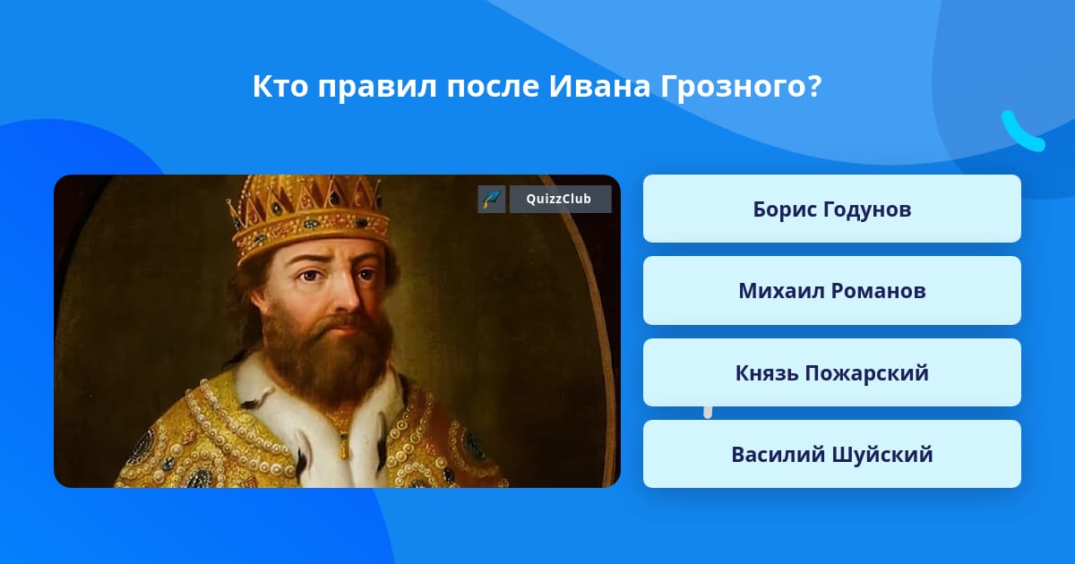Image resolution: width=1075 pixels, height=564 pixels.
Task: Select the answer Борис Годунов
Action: click(831, 209)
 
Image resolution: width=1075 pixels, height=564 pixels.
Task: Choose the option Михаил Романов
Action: click(831, 291)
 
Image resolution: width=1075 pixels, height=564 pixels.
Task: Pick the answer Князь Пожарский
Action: click(831, 372)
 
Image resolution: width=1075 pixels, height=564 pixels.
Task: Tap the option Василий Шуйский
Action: click(831, 454)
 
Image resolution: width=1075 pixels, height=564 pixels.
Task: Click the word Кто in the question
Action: click(280, 86)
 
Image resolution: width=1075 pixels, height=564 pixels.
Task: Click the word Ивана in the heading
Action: click(599, 86)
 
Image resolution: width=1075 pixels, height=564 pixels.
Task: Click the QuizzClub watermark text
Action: click(559, 199)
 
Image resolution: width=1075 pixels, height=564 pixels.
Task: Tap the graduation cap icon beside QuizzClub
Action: click(492, 199)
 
